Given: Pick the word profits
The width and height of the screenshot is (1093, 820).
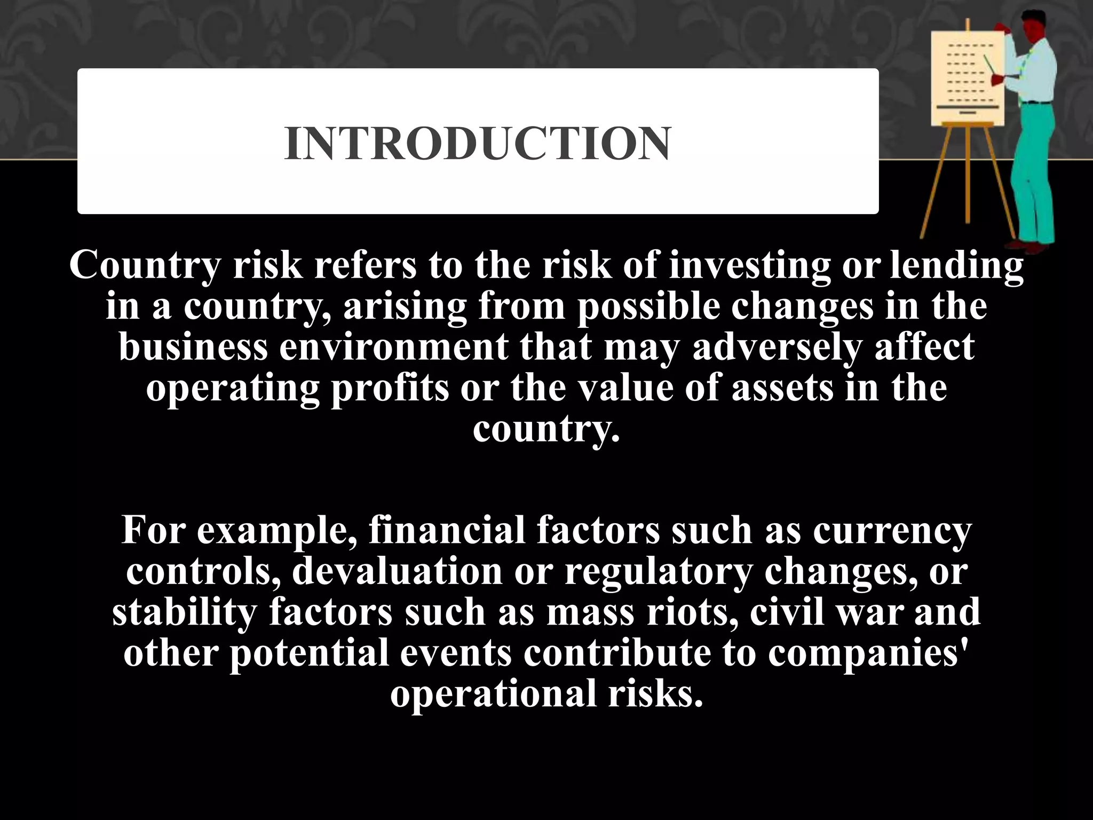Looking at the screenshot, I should point(390,388).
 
